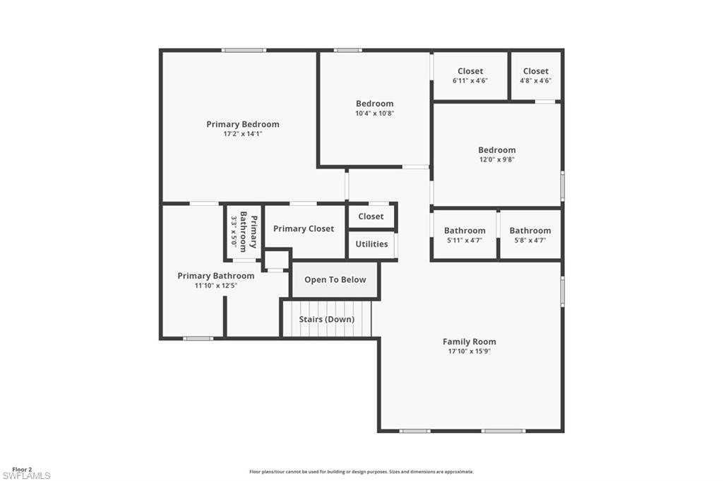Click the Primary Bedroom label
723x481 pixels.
[x=243, y=124]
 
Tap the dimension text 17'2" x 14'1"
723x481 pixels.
[x=243, y=134]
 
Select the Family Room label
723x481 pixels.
[x=470, y=341]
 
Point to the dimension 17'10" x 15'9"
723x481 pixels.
[x=470, y=351]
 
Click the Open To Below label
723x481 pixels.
[x=335, y=280]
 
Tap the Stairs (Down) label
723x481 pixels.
[x=326, y=319]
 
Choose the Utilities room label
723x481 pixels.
[x=371, y=244]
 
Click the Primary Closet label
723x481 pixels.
[x=304, y=229]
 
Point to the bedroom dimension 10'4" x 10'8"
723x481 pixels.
[x=374, y=114]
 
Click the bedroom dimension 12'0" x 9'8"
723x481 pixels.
[x=496, y=160]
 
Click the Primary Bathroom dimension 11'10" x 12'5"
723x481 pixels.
[x=216, y=286]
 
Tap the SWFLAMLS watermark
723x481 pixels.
[x=26, y=476]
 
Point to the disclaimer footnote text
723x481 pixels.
[x=361, y=472]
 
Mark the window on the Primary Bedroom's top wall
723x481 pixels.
[x=244, y=50]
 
